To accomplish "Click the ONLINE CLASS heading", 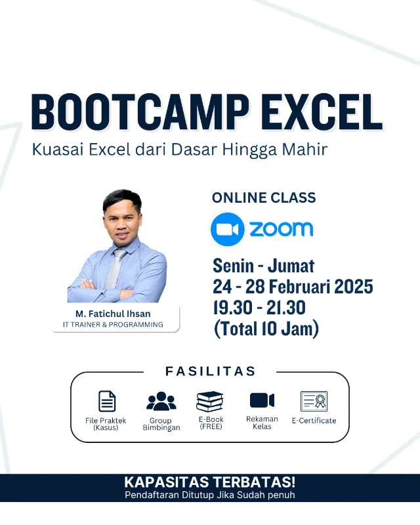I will (x=263, y=198).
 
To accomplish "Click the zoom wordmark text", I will (x=281, y=229).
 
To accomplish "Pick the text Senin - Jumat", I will (x=263, y=266).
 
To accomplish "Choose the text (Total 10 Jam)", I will (x=266, y=328).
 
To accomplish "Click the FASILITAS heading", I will (x=210, y=371).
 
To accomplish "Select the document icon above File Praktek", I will (x=106, y=400).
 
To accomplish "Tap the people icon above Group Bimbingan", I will (x=161, y=400).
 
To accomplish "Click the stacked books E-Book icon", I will (x=210, y=401).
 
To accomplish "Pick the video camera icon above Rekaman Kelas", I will (x=262, y=400).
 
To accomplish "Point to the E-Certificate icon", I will (x=314, y=400).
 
